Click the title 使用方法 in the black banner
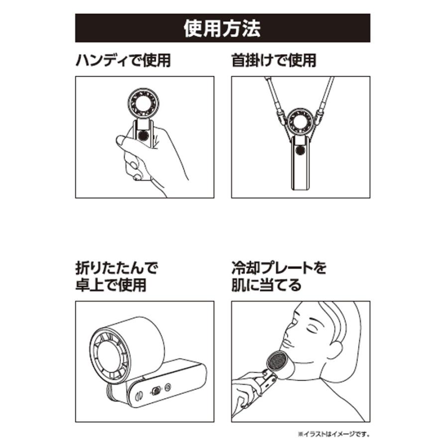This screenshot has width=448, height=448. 223,28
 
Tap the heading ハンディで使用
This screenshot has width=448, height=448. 123,60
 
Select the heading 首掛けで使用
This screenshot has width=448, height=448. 274,60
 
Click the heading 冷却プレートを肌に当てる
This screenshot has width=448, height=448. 279,277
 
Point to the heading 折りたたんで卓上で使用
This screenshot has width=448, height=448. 116,277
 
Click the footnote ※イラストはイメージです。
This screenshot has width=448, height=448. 334,434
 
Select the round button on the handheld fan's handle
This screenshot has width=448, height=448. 143,135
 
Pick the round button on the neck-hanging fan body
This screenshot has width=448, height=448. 301,150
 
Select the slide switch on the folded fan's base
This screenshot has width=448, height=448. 156,391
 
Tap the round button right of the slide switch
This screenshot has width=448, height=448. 168,387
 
